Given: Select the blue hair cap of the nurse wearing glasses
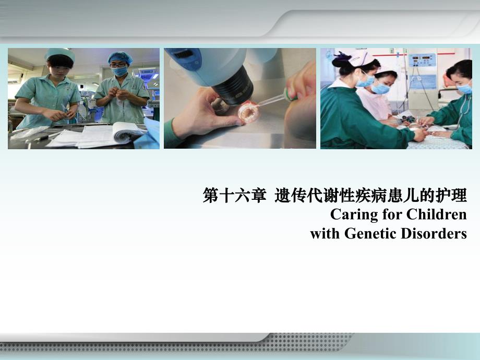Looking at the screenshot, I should tap(120, 57).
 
